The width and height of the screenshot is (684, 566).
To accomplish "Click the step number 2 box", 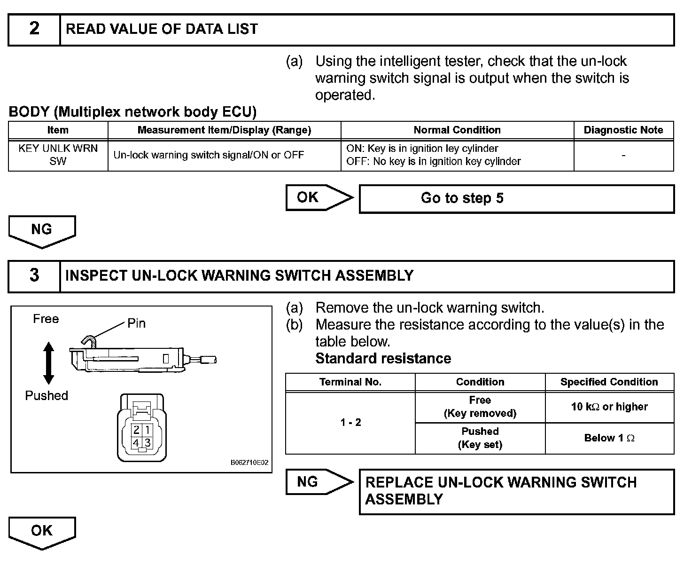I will [34, 29].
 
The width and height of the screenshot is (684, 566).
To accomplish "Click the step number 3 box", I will [34, 276].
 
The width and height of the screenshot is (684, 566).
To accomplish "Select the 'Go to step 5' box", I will [516, 198].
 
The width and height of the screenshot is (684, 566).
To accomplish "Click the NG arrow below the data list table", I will [42, 230].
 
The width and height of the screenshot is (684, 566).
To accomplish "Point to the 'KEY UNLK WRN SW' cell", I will [58, 155].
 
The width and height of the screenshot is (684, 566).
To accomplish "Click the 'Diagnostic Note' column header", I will [623, 130].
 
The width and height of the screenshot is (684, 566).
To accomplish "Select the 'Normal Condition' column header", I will [457, 130].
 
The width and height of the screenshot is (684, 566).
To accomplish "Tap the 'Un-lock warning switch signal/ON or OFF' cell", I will [209, 155].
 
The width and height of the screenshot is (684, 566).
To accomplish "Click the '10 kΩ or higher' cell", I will [609, 407].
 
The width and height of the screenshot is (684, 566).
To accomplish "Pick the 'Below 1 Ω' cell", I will [609, 438].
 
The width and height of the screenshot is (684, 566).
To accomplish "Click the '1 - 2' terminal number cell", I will [350, 423].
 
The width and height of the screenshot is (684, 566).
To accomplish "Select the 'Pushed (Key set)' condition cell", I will [480, 438].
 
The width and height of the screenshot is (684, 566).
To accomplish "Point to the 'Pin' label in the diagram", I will [136, 323].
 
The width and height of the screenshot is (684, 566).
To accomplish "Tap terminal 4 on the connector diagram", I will [136, 442].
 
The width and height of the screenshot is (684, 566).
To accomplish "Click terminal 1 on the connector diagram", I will [147, 430].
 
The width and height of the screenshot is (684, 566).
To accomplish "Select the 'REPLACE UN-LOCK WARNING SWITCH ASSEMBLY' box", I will [516, 491].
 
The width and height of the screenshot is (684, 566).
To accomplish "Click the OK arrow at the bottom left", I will [42, 532].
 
